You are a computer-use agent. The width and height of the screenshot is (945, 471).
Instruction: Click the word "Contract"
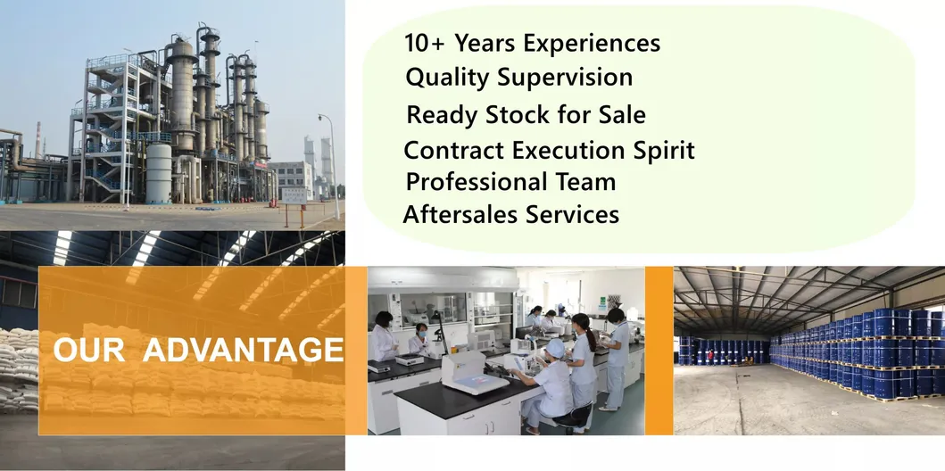pyautogui.click(x=454, y=150)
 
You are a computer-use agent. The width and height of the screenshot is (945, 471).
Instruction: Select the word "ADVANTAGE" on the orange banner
pyautogui.click(x=243, y=350)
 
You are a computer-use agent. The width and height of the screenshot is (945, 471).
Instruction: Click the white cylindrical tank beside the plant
pyautogui.click(x=159, y=173)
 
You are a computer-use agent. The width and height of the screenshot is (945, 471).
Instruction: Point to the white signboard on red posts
pyautogui.click(x=294, y=195)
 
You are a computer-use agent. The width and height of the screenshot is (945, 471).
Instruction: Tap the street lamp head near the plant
pyautogui.click(x=322, y=116)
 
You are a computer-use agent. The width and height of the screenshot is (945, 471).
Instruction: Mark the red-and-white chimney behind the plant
pyautogui.click(x=38, y=140)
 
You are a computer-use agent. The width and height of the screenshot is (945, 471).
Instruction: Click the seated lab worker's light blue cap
pyautogui.click(x=555, y=348)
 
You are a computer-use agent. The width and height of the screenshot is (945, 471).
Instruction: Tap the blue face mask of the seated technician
pyautogui.click(x=423, y=333)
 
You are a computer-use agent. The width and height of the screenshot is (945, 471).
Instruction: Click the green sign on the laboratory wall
pyautogui.click(x=601, y=303)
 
